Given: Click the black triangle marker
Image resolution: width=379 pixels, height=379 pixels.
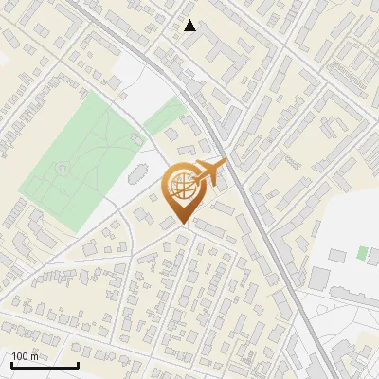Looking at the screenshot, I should click(x=190, y=26).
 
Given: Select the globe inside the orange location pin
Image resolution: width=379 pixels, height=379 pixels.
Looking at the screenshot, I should click(x=182, y=189).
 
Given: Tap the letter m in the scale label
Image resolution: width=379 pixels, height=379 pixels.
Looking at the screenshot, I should click(x=35, y=356).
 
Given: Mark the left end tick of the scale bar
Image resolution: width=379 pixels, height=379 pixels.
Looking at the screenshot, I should click(x=11, y=364).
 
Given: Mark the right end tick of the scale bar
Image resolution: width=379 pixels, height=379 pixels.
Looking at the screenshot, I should click(x=78, y=364).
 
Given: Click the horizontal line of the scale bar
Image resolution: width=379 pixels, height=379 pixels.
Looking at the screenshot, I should click(x=45, y=366).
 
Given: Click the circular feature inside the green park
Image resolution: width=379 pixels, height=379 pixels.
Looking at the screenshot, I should click(x=63, y=169).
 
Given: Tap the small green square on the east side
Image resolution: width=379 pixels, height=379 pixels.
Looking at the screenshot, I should click(x=362, y=253).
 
